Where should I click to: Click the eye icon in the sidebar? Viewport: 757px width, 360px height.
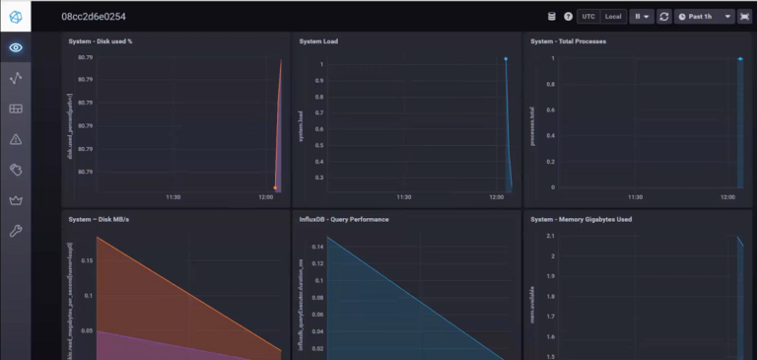[x=15, y=47]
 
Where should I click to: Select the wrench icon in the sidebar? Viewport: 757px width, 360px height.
[x=15, y=231]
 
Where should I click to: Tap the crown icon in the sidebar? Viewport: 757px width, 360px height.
[x=15, y=200]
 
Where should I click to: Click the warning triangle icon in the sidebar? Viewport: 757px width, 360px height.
[x=15, y=139]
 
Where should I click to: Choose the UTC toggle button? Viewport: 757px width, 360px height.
[x=588, y=17]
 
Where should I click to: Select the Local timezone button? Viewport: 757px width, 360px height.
[x=613, y=17]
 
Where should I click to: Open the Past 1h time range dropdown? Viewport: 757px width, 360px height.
[x=704, y=17]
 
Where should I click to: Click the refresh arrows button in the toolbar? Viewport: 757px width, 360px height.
[x=664, y=17]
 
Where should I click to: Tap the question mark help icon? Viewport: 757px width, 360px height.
[x=568, y=17]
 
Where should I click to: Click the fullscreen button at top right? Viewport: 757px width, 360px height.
[x=743, y=17]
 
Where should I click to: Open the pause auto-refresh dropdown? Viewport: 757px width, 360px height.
[x=642, y=17]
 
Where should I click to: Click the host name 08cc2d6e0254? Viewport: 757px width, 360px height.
[x=93, y=17]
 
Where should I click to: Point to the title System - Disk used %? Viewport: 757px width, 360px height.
[x=114, y=41]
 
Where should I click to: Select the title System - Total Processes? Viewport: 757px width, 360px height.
[x=568, y=41]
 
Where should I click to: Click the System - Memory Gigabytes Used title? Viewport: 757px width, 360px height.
[x=583, y=219]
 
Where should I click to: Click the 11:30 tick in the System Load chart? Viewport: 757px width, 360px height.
[x=403, y=197]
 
